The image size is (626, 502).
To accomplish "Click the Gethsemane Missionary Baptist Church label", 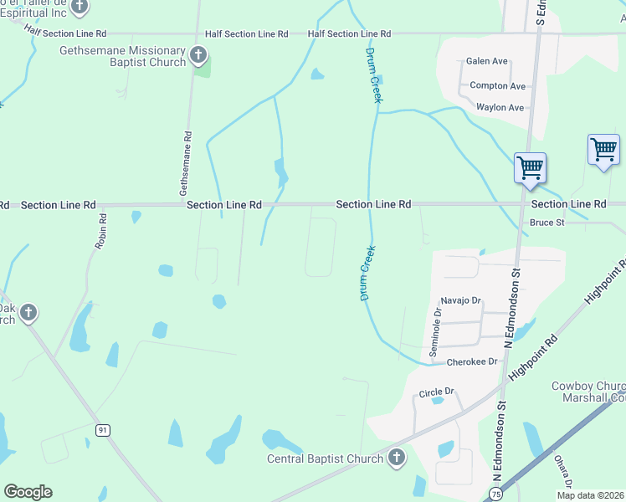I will pos(123,57).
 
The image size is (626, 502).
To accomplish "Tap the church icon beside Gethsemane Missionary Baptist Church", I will pos(198,56).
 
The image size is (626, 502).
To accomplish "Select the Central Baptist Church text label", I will pos(325,458).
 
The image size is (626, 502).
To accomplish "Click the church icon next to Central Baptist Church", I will pos(397,458).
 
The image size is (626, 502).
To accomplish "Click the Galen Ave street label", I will pos(487,61).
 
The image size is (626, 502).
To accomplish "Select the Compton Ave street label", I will pos(497,85).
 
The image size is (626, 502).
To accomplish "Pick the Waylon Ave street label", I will pos(500,107).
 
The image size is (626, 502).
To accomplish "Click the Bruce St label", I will pos(547,223).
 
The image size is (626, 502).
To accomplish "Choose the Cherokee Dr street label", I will pos(472,361).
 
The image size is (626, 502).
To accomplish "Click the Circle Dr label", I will pos(436,391).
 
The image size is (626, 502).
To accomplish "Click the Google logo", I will pos(28,492).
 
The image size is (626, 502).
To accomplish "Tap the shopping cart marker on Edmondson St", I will pos(530,168).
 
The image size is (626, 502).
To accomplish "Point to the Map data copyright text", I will pos(589,495).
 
